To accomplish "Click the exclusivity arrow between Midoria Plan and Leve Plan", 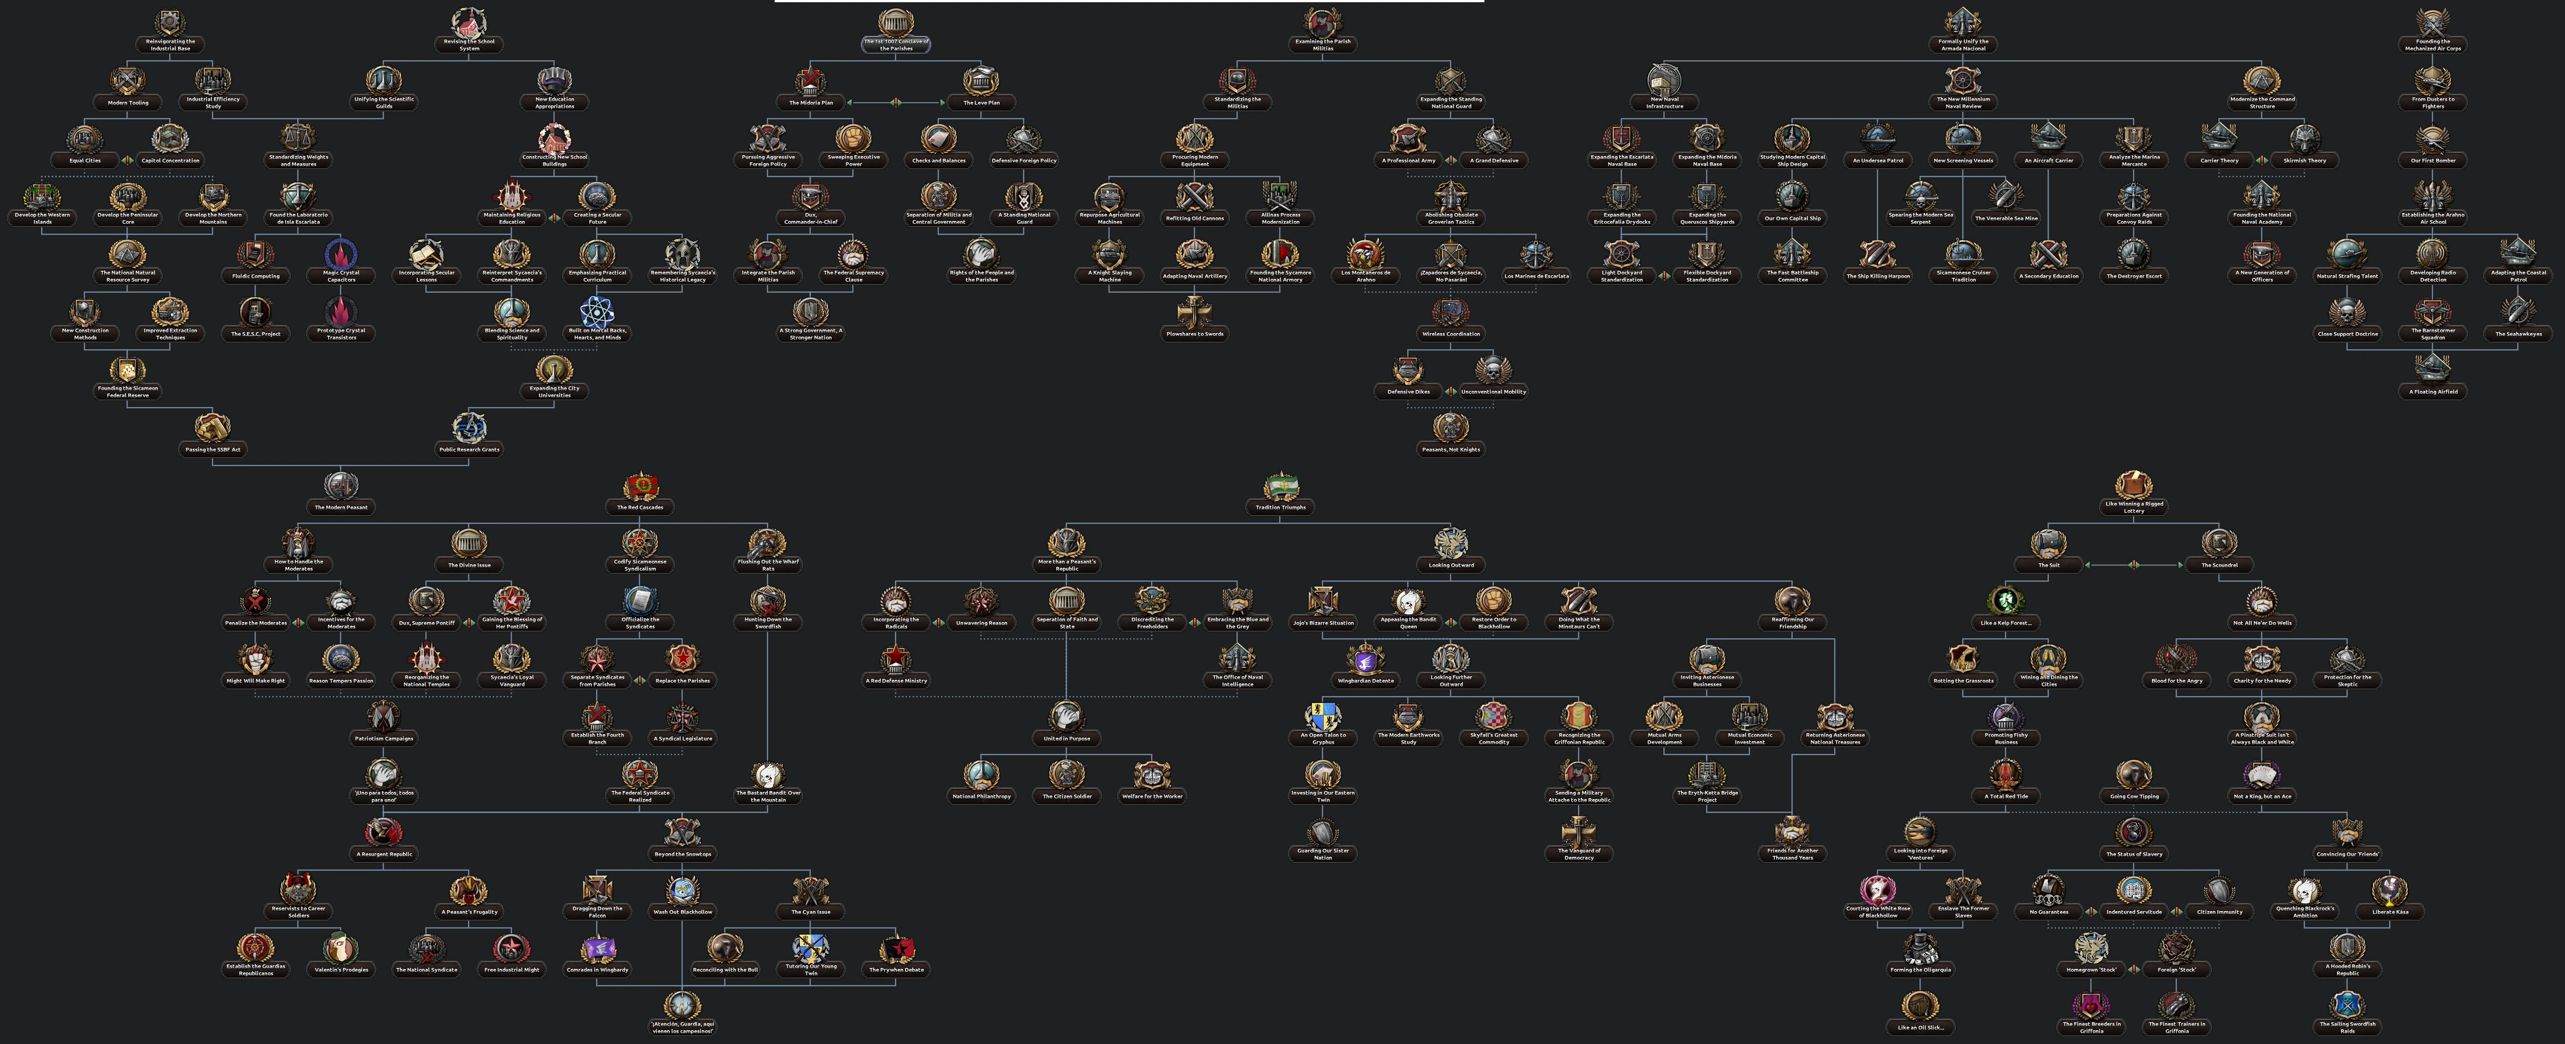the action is click(x=896, y=101).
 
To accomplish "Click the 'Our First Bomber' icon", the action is click(x=2432, y=138).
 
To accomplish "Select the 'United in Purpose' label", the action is click(x=1066, y=739).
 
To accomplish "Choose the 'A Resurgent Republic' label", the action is click(x=384, y=854).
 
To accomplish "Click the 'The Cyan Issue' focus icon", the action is click(x=811, y=890).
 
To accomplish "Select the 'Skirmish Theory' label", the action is click(x=2304, y=160).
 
